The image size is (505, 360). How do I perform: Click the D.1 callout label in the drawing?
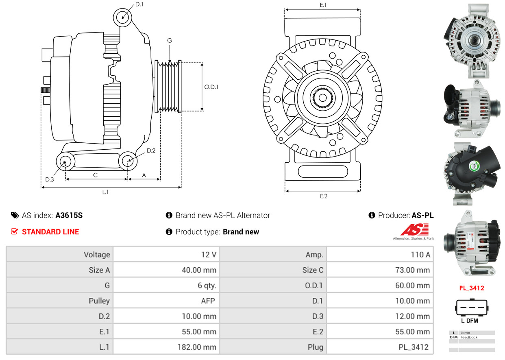pyautogui.click(x=139, y=4)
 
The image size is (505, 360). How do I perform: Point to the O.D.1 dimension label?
pyautogui.click(x=211, y=87)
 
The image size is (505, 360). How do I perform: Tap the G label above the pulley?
pyautogui.click(x=170, y=40)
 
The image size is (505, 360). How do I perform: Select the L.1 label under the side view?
pyautogui.click(x=105, y=192)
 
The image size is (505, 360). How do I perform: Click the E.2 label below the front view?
pyautogui.click(x=324, y=196)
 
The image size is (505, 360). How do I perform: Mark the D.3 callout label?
pyautogui.click(x=49, y=179)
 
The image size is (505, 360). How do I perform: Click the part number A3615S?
pyautogui.click(x=69, y=216)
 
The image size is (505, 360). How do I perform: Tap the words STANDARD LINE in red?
pyautogui.click(x=50, y=231)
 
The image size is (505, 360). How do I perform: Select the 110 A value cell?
pyautogui.click(x=380, y=254)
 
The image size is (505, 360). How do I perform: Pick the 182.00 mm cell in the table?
pyautogui.click(x=166, y=347)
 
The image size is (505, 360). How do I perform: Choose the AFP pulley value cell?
pyautogui.click(x=166, y=301)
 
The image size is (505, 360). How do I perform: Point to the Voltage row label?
pyautogui.click(x=97, y=255)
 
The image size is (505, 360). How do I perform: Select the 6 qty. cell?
pyautogui.click(x=166, y=285)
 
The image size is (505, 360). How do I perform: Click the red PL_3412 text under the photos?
pyautogui.click(x=472, y=288)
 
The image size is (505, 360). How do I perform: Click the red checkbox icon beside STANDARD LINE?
pyautogui.click(x=14, y=231)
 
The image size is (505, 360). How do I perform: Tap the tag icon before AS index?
pyautogui.click(x=15, y=216)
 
